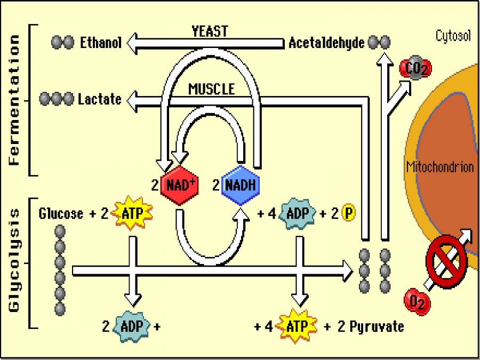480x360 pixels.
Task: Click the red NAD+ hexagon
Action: coord(179,185)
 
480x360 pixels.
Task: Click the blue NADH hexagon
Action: coord(240,185)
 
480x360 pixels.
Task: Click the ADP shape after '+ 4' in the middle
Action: coord(297,213)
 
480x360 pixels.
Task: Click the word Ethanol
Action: coord(101,43)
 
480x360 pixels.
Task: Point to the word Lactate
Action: coord(100,99)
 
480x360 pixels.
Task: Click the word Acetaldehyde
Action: coord(326,43)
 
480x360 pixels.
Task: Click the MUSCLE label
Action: coord(211,89)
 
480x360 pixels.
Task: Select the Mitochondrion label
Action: coord(440,167)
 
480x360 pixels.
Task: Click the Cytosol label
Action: coord(453,36)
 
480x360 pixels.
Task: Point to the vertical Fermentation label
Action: coord(14,100)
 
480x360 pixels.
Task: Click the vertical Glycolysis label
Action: coord(14,260)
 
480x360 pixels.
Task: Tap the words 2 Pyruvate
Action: coord(371,326)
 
